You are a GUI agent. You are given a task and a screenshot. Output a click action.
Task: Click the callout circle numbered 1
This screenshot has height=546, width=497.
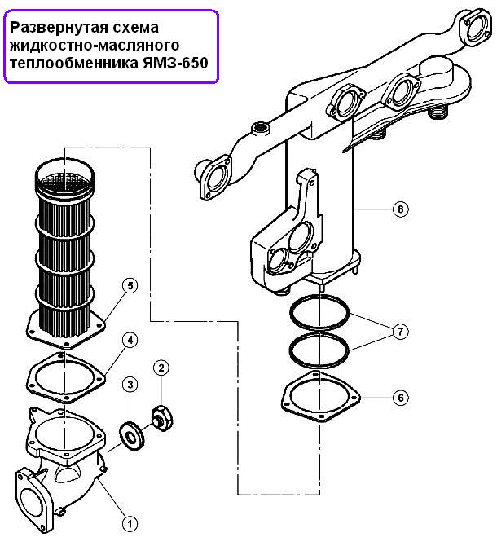point(130,523)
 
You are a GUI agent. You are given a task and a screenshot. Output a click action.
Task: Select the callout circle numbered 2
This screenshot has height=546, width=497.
point(161,368)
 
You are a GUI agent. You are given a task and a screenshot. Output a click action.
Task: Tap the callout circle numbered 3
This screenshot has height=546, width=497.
point(130,385)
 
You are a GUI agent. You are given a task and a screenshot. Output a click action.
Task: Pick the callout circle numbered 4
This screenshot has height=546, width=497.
point(130,340)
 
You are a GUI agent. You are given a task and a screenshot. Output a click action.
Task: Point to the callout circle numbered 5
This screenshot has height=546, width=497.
point(130,286)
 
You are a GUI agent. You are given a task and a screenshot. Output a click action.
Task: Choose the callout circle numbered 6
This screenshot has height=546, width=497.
point(401,398)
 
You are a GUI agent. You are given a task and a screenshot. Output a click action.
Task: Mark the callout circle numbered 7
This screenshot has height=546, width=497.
point(401,332)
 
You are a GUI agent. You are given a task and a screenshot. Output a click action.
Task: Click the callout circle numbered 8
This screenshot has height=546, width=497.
point(401,209)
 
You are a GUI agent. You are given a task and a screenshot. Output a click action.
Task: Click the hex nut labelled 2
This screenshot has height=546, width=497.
point(162,417)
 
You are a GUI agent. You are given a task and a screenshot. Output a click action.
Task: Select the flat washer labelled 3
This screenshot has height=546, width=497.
point(132,435)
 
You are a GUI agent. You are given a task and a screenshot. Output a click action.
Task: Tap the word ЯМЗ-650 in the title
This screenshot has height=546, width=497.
point(175,64)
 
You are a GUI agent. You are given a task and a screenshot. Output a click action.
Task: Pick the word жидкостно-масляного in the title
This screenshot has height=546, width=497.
point(95,46)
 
